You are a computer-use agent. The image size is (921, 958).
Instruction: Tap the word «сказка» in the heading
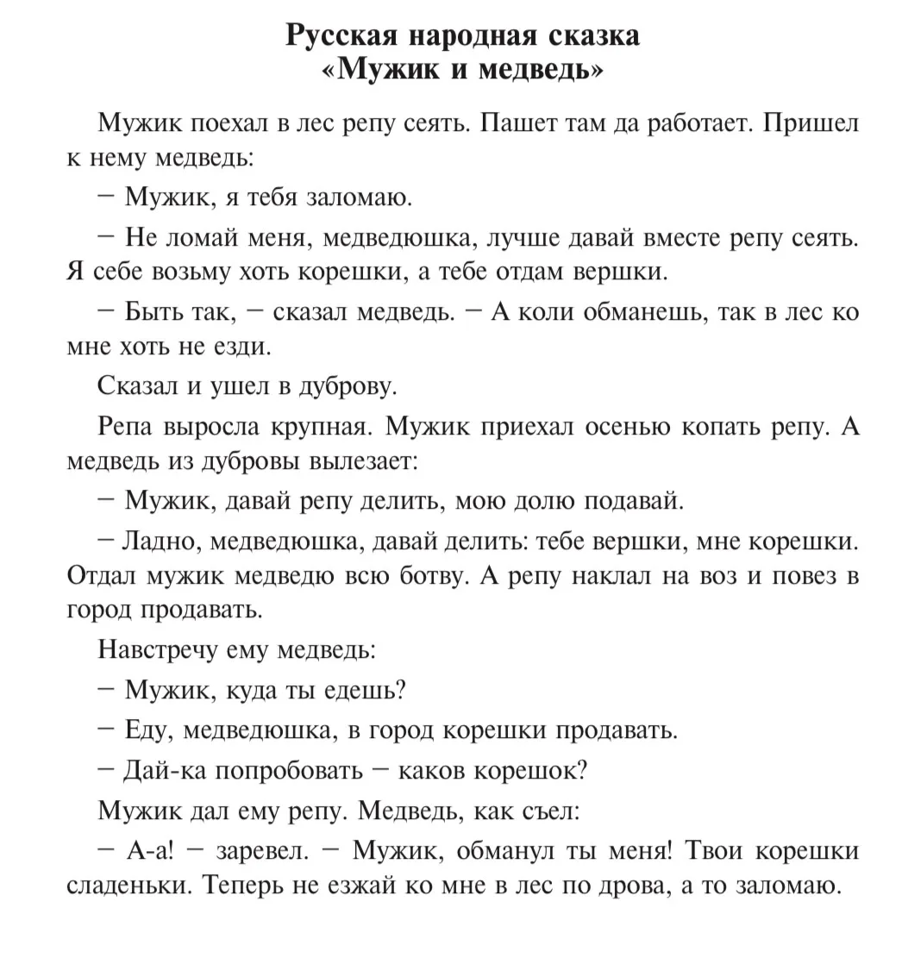[593, 35]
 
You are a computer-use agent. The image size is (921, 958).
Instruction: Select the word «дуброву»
[346, 386]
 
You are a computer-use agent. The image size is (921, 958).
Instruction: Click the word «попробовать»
[289, 769]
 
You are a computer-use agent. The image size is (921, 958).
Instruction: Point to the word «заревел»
[262, 850]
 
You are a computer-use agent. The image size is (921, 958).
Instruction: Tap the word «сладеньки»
[129, 886]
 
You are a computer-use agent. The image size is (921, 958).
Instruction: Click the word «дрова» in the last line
[634, 886]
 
